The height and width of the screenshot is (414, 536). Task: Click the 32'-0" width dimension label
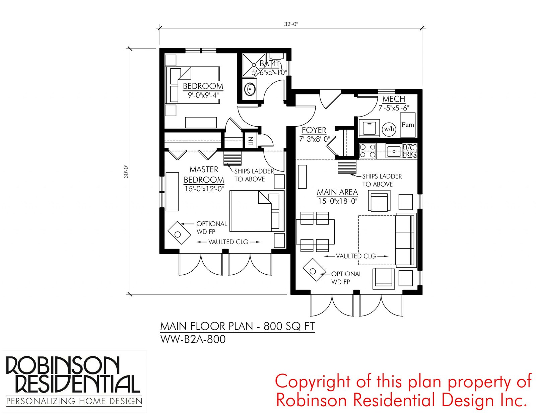pyautogui.click(x=291, y=24)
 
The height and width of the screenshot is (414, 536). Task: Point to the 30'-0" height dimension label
pyautogui.click(x=126, y=171)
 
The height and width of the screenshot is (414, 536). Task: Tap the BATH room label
pyautogui.click(x=269, y=64)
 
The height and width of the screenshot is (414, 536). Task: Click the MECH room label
pyautogui.click(x=394, y=99)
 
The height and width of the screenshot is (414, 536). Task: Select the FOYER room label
pyautogui.click(x=314, y=130)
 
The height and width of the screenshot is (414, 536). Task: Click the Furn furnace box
pyautogui.click(x=407, y=125)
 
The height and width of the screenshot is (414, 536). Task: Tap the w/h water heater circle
pyautogui.click(x=389, y=129)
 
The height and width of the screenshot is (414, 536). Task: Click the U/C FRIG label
pyautogui.click(x=409, y=151)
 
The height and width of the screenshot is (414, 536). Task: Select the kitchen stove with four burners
pyautogui.click(x=367, y=151)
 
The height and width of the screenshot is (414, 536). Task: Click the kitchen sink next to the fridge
pyautogui.click(x=394, y=151)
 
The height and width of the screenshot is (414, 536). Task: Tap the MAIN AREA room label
pyautogui.click(x=337, y=192)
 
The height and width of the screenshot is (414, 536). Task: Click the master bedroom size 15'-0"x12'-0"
pyautogui.click(x=204, y=189)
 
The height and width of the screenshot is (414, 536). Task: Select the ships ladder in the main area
pyautogui.click(x=347, y=167)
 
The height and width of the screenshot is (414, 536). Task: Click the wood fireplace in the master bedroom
pyautogui.click(x=179, y=233)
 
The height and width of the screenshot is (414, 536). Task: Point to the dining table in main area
pyautogui.click(x=315, y=231)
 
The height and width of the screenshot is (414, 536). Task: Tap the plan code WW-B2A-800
pyautogui.click(x=193, y=340)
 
